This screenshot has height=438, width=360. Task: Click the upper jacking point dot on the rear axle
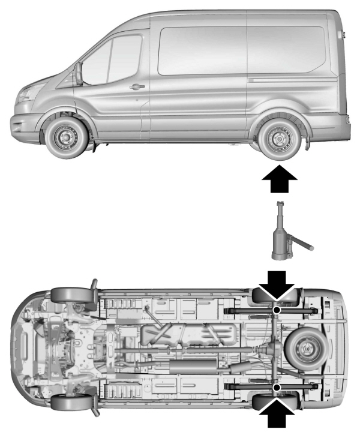[276, 310]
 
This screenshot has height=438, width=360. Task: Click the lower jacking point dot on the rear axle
[276, 388]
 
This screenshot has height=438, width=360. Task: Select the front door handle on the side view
[137, 86]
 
